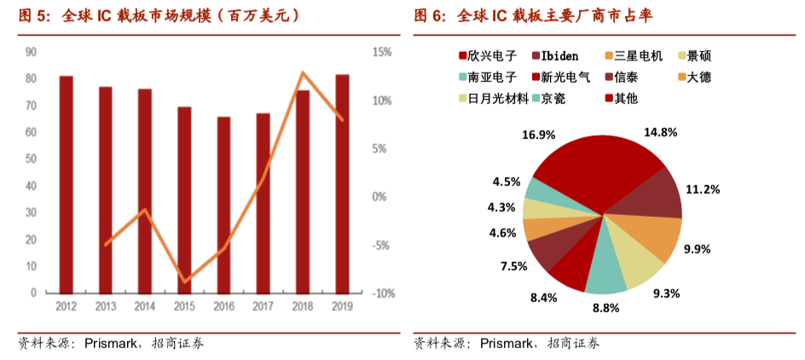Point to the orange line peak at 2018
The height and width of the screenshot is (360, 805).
point(303,73)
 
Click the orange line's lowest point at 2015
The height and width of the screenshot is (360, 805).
point(184,282)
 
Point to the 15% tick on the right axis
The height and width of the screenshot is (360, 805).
point(382,52)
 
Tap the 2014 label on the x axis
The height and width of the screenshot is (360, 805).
point(145,306)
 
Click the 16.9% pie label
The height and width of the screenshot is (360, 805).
point(538,135)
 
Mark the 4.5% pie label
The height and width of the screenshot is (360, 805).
point(507,182)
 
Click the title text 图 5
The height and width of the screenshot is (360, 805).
point(34,16)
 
